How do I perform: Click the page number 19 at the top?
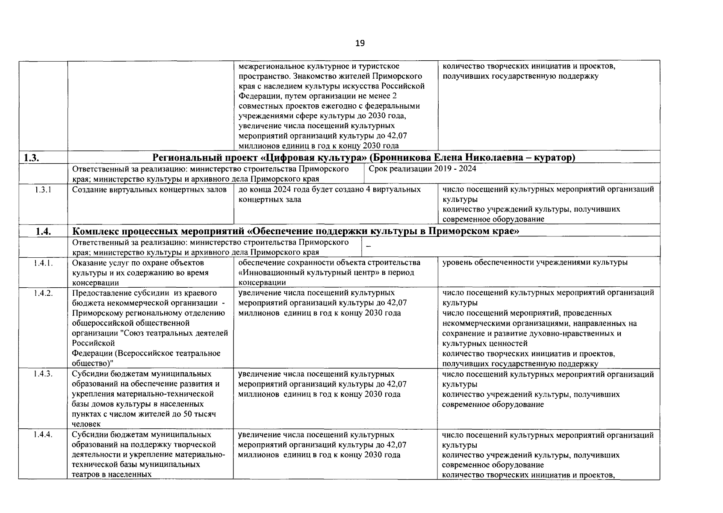tap(360, 43)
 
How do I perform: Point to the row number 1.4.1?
tap(43, 263)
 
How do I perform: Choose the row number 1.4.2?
tap(43, 293)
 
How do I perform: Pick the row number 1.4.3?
tap(43, 374)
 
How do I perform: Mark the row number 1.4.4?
tap(43, 435)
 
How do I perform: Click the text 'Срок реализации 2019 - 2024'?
tap(422, 169)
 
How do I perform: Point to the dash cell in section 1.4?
tap(369, 247)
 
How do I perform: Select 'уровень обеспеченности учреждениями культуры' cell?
tap(534, 262)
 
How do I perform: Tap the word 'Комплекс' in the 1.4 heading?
tap(95, 232)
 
